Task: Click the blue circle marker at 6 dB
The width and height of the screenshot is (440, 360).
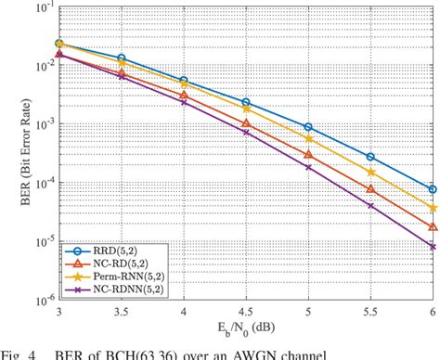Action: tap(433, 189)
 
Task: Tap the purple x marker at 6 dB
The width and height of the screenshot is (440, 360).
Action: tap(433, 247)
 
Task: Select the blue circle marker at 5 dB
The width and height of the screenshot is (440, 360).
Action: tap(308, 127)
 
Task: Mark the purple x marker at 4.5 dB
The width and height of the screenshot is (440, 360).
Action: tap(246, 133)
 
